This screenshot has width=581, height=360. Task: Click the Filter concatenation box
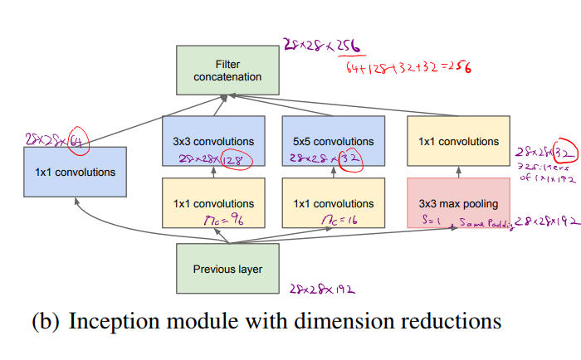click(227, 71)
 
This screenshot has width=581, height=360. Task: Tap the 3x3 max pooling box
click(458, 202)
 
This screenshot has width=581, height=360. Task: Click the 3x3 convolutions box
click(214, 141)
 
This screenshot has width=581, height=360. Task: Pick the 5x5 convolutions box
click(334, 141)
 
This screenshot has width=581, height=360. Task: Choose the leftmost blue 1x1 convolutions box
click(75, 173)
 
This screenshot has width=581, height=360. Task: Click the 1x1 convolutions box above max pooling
click(458, 141)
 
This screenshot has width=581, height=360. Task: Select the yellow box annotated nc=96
click(214, 203)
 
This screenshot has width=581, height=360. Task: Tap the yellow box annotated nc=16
click(334, 203)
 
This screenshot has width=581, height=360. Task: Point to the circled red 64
click(78, 138)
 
